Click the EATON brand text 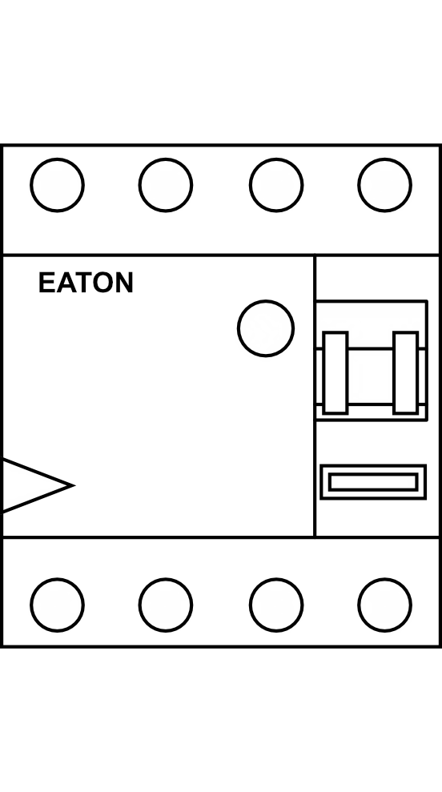click(86, 283)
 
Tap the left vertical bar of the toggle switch click(336, 372)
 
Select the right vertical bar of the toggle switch click(406, 372)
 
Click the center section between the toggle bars click(370, 376)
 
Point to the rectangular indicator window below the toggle click(373, 482)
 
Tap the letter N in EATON click(125, 283)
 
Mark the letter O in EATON click(105, 283)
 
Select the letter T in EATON click(84, 283)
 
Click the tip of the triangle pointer click(74, 485)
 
